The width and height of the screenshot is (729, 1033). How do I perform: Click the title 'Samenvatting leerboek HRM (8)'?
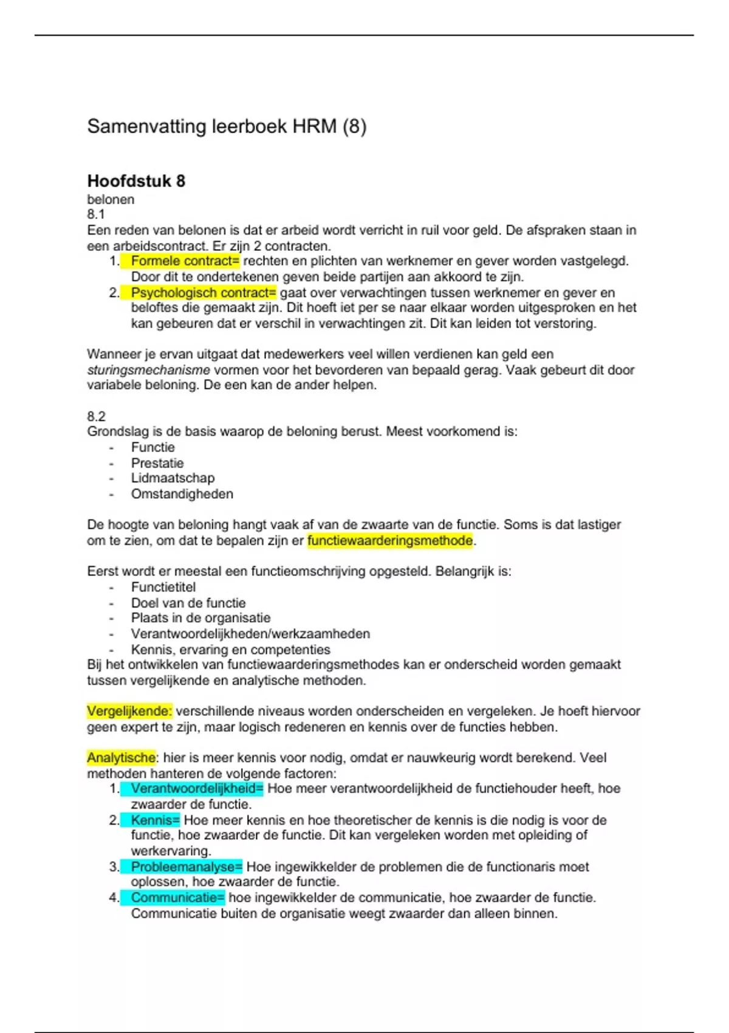pyautogui.click(x=227, y=126)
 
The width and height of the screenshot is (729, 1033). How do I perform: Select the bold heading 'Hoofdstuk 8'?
pyautogui.click(x=136, y=181)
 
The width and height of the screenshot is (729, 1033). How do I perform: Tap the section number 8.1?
pyautogui.click(x=96, y=214)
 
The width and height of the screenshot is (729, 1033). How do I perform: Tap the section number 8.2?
pyautogui.click(x=96, y=416)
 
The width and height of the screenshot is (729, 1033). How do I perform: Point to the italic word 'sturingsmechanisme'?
pyautogui.click(x=148, y=370)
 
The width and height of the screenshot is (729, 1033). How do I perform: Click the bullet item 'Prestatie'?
pyautogui.click(x=157, y=463)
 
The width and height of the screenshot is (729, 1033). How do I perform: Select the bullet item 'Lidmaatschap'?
pyautogui.click(x=173, y=478)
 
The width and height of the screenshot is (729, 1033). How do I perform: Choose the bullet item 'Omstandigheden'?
pyautogui.click(x=182, y=494)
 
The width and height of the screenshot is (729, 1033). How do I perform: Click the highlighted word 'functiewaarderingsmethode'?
pyautogui.click(x=390, y=541)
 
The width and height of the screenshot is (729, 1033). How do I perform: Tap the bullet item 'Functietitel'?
pyautogui.click(x=163, y=587)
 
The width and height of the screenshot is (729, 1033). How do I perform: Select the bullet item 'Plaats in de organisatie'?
pyautogui.click(x=200, y=618)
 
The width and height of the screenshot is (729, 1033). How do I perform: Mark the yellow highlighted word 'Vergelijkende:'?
pyautogui.click(x=129, y=711)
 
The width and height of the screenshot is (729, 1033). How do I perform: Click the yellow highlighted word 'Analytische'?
pyautogui.click(x=121, y=758)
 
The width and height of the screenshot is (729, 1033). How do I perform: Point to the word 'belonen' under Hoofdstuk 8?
pyautogui.click(x=111, y=199)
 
